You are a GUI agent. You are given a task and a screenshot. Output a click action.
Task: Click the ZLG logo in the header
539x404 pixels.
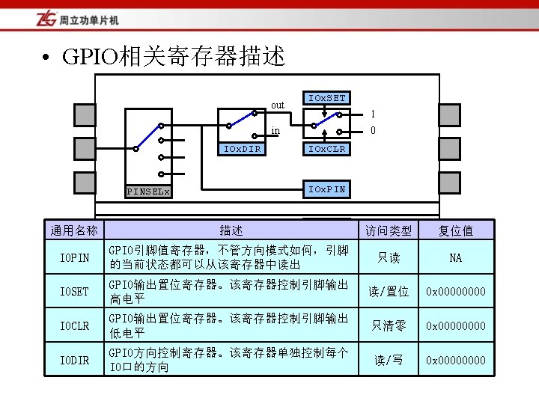pos(44,19)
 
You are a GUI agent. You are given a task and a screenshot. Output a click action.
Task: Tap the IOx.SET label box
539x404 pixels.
pos(327,99)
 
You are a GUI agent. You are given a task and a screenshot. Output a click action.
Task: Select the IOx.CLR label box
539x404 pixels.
pos(327,148)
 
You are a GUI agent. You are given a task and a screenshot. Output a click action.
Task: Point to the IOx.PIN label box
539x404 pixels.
pos(327,189)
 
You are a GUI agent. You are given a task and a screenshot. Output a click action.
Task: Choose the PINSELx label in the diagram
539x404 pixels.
pos(148,192)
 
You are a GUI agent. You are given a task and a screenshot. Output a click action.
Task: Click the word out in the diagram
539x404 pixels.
pos(278,105)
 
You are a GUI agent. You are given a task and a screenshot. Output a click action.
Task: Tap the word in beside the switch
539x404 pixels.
pos(275,131)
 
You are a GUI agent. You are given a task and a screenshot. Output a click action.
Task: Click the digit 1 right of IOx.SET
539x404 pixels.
pos(374,114)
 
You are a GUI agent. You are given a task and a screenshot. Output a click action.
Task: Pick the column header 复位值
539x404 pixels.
pos(455,230)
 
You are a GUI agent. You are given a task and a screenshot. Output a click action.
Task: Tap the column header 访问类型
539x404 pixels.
pos(389,230)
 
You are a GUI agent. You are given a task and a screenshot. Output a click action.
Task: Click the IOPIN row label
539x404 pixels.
pos(74,258)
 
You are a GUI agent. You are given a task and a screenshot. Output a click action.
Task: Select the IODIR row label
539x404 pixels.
pos(74,361)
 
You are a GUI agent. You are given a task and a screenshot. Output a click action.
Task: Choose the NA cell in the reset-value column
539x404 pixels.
pos(455,258)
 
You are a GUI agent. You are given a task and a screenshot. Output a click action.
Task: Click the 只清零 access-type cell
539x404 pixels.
pos(389,325)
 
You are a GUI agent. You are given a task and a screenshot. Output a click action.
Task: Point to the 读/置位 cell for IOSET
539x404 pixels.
pos(389,292)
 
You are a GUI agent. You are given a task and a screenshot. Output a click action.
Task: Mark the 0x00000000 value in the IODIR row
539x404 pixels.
pos(455,361)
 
